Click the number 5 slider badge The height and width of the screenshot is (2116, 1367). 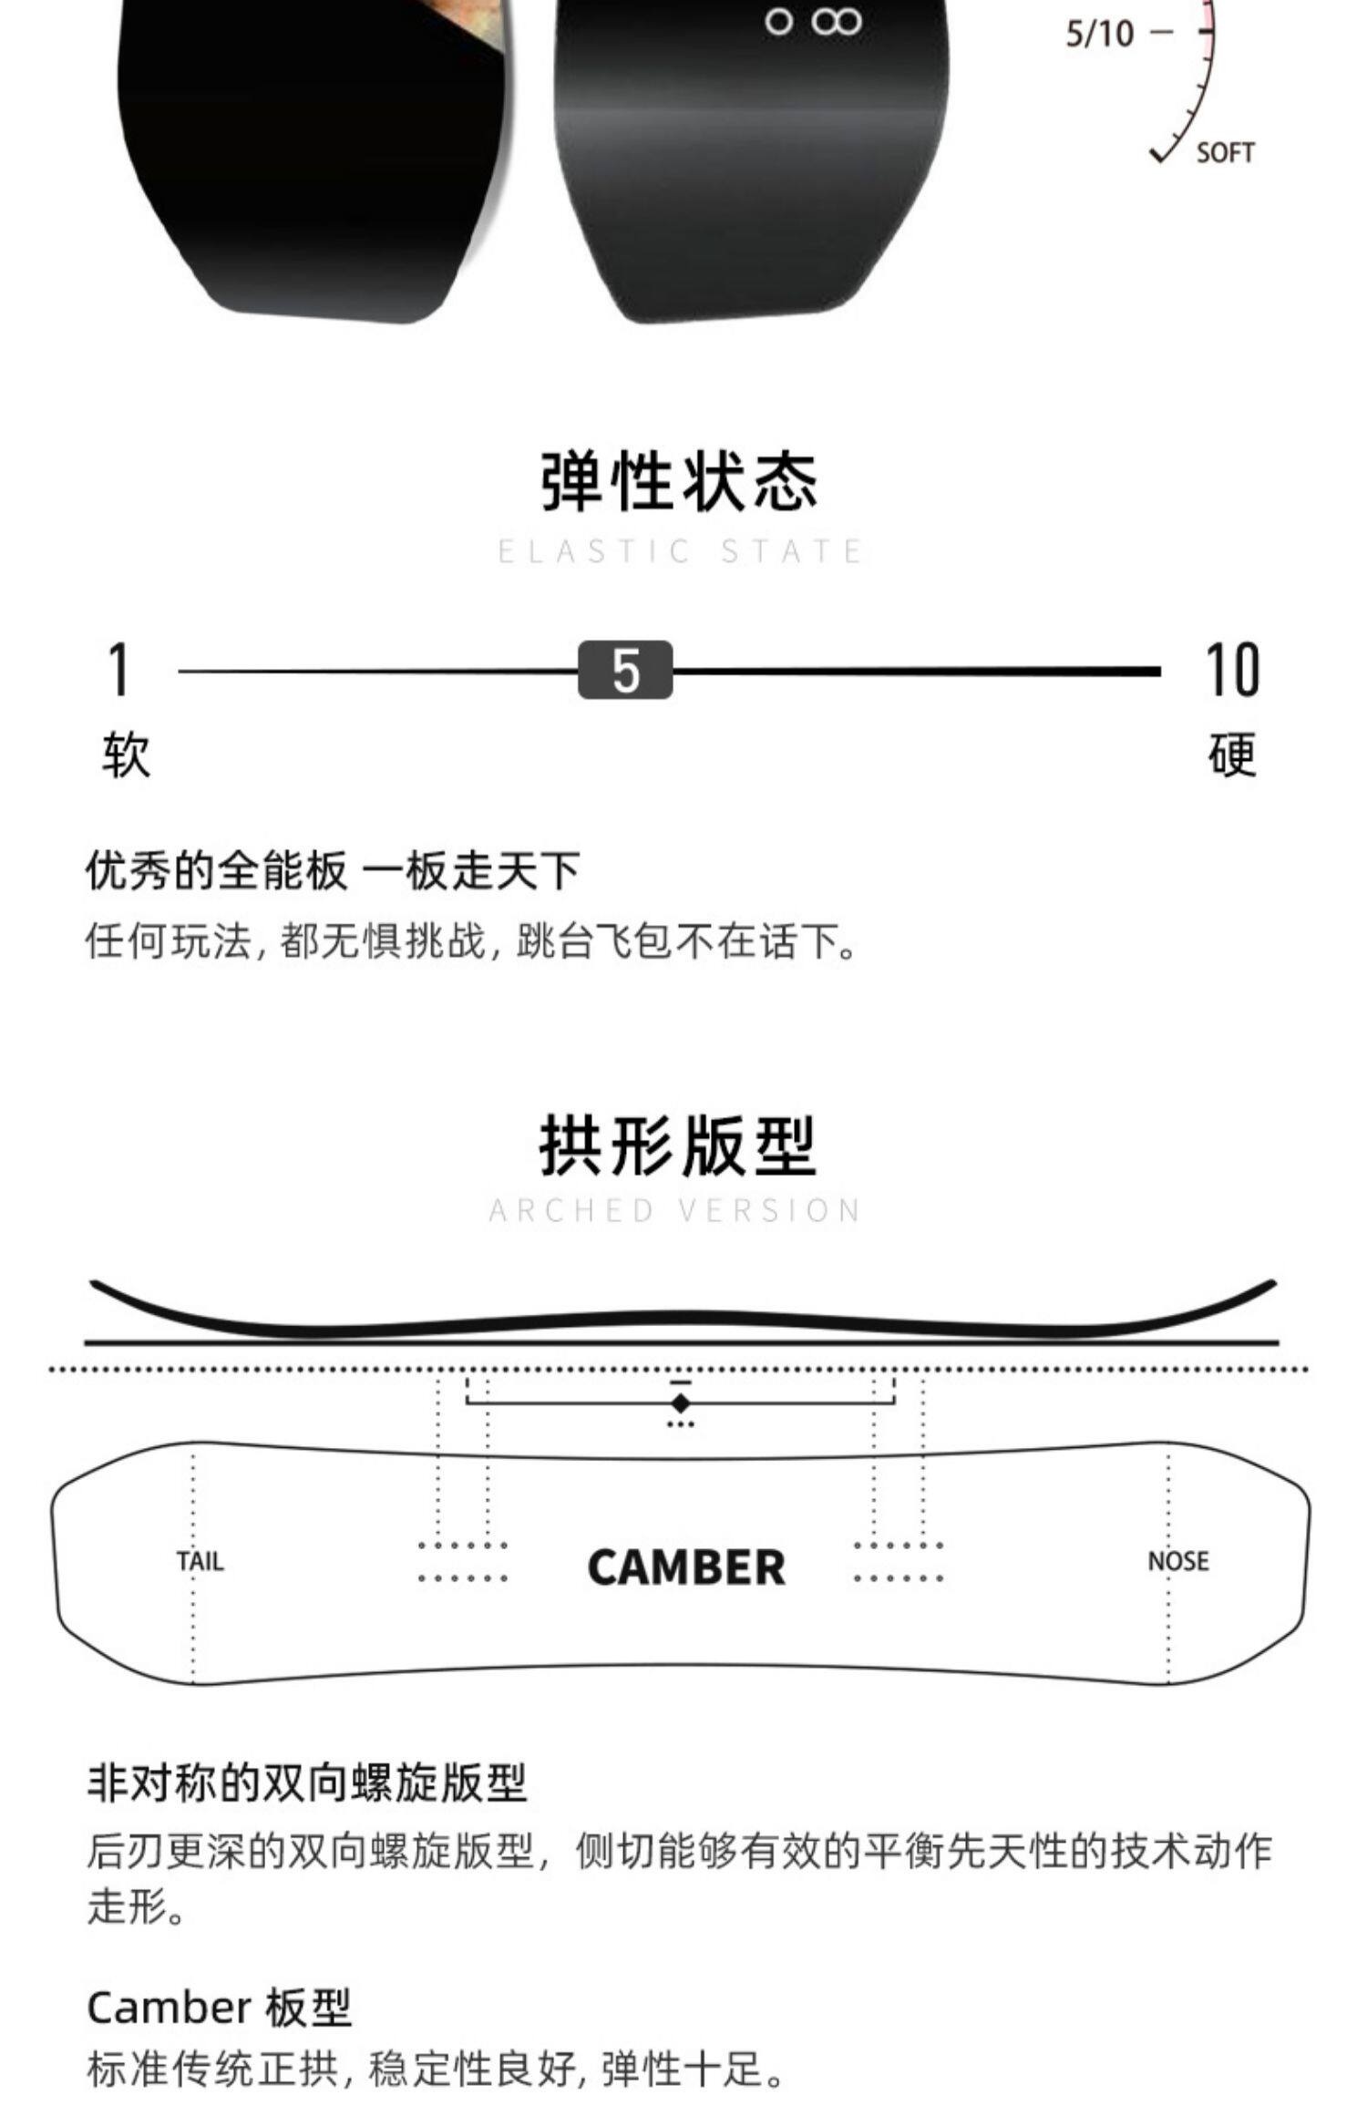tap(625, 671)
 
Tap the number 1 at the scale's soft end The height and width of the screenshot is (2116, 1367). tap(118, 670)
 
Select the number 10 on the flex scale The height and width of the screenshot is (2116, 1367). tap(1232, 670)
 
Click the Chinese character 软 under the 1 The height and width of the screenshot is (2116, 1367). tap(126, 755)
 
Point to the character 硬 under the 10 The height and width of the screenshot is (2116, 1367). tap(1232, 755)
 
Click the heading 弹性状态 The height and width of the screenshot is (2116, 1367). tap(680, 480)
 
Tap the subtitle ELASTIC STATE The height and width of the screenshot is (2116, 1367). tap(680, 551)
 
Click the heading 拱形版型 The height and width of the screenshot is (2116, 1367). tap(678, 1145)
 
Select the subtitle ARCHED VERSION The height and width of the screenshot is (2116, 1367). tap(675, 1210)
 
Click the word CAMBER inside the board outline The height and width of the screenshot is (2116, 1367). tap(686, 1567)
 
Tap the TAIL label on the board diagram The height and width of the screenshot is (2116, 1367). tap(200, 1561)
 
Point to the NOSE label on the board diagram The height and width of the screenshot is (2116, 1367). tap(1177, 1561)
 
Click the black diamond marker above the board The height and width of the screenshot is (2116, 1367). tap(680, 1402)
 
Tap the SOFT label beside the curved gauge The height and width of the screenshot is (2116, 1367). tap(1225, 153)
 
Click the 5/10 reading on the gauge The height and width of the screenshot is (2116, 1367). tap(1100, 35)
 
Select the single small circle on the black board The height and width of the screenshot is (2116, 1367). tap(778, 22)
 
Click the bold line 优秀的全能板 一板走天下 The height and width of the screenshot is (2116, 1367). tap(333, 871)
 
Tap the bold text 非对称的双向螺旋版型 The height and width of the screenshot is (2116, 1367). tap(307, 1782)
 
